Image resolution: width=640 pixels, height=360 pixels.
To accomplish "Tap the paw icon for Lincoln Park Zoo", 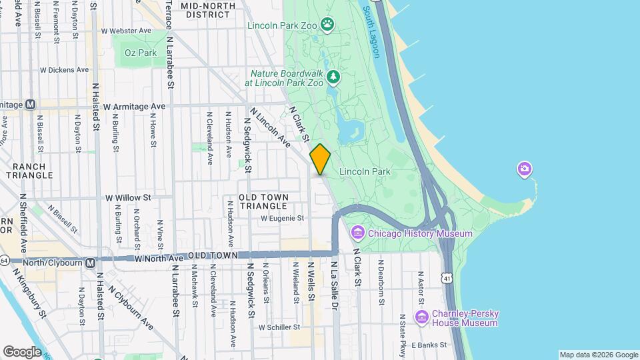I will click(327, 25).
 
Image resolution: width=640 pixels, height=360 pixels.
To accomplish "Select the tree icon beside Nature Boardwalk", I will click(334, 78).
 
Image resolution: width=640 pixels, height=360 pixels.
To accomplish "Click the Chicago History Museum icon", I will click(358, 233).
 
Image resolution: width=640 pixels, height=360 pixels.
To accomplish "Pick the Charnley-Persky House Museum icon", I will click(421, 317).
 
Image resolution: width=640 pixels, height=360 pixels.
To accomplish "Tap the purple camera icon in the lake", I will click(524, 169).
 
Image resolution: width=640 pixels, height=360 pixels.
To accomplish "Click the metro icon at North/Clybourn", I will click(89, 263).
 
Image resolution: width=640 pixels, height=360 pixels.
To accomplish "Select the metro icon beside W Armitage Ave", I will click(30, 105).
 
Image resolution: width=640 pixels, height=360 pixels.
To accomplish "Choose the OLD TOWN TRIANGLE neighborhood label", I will click(264, 201).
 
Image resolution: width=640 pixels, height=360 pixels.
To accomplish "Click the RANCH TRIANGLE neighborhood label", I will click(28, 171).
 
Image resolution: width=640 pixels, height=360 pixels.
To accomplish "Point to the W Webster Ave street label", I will click(126, 31).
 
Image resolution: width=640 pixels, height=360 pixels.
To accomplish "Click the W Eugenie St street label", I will click(282, 218).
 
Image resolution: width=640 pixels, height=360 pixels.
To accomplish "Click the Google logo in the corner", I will click(21, 351).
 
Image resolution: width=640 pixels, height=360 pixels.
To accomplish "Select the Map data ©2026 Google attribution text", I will click(598, 355).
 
